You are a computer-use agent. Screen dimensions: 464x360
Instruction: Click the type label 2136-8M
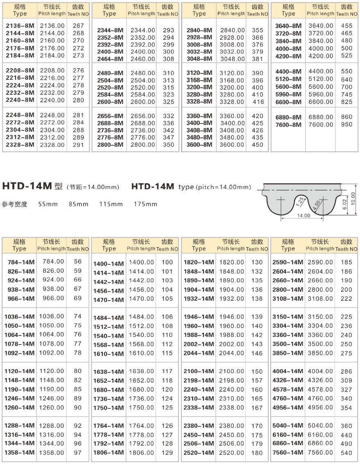20,26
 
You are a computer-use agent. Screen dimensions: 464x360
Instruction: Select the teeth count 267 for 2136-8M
78,26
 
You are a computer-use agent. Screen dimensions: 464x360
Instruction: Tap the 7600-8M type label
288,125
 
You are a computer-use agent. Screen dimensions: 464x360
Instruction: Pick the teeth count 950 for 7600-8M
346,124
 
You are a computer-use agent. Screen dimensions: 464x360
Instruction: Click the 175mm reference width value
145,204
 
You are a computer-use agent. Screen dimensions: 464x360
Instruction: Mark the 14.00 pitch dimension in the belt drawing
303,216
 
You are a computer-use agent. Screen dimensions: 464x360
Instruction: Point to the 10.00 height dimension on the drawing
353,200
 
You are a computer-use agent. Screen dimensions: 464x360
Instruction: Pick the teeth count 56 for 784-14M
78,261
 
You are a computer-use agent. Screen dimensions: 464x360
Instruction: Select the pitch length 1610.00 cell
142,354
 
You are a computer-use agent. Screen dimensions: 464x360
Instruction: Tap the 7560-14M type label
288,453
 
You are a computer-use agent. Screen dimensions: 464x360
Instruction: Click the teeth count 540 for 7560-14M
346,453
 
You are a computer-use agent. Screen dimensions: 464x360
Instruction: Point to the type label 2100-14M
199,372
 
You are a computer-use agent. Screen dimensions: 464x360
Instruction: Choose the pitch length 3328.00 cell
232,102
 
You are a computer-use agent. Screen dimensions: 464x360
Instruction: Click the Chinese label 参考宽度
14,204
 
